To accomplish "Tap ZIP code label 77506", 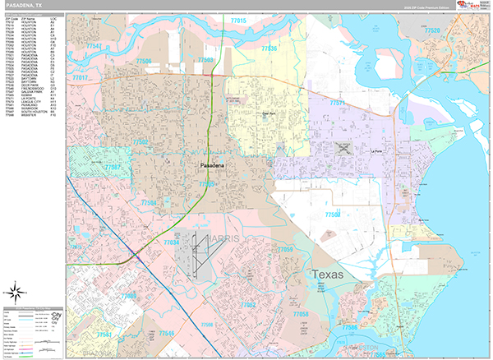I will click(144, 62).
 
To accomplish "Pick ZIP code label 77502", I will click(139, 141).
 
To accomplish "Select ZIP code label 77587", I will click(113, 168).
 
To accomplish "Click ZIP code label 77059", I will click(285, 248).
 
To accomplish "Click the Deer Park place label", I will click(265, 114).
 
